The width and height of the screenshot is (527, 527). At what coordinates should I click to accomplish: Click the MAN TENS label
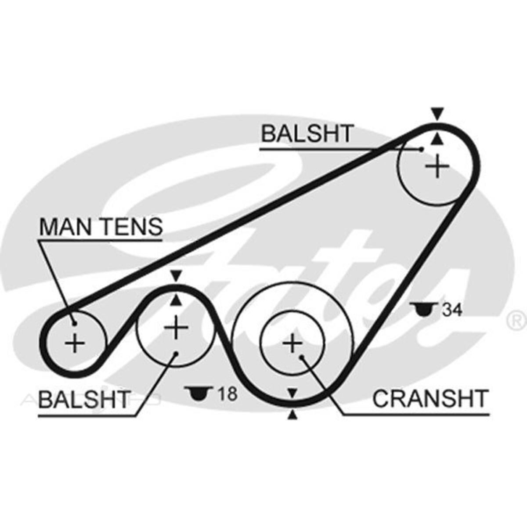pos(101,227)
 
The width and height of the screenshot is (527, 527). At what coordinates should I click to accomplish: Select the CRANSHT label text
pos(430,399)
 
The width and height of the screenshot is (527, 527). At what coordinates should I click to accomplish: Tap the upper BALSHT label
pos(307,134)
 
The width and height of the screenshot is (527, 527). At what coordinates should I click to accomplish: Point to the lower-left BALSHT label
pos(84,399)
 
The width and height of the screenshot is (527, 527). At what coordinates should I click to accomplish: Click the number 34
pos(452,310)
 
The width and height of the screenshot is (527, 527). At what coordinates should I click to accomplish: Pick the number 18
pos(227,393)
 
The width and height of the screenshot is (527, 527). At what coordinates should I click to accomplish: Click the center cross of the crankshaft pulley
pos(292,343)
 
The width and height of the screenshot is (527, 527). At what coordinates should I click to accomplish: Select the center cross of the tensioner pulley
pos(75,343)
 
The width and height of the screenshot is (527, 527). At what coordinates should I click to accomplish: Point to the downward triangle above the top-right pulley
pos(436,114)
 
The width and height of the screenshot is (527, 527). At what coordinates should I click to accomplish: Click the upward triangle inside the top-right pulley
pos(436,139)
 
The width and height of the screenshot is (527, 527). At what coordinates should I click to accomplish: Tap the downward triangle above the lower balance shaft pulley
pos(176,276)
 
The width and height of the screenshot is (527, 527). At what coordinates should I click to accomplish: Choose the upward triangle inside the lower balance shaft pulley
pos(176,300)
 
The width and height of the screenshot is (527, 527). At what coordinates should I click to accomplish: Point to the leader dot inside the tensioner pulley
pos(75,324)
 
